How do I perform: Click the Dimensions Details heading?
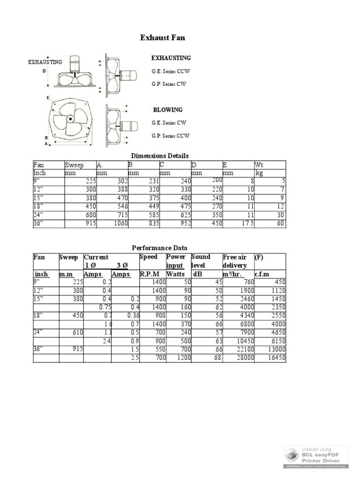pyautogui.click(x=159, y=156)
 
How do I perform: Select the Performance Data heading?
pyautogui.click(x=159, y=247)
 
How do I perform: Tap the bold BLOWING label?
pyautogui.click(x=168, y=110)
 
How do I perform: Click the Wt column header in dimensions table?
pyautogui.click(x=259, y=165)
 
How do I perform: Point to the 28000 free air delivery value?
pyautogui.click(x=241, y=358)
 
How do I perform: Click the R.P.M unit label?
pyautogui.click(x=150, y=274)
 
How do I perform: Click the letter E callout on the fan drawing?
pyautogui.click(x=48, y=97)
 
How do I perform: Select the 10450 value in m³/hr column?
pyautogui.click(x=241, y=341)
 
